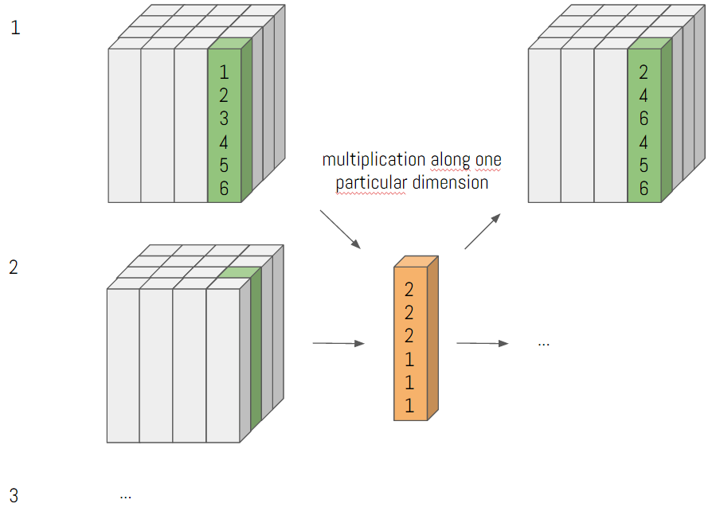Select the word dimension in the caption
(x=450, y=183)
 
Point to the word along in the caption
(x=450, y=160)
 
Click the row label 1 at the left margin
(x=15, y=29)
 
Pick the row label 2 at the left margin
(x=14, y=267)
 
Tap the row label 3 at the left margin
(x=14, y=496)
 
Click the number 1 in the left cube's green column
(x=224, y=72)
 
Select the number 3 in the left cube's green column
(x=224, y=119)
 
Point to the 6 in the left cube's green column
(x=224, y=189)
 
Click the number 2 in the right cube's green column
(x=644, y=72)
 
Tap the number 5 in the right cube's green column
(x=644, y=166)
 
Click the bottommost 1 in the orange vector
(x=409, y=406)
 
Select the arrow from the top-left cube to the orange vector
(x=340, y=228)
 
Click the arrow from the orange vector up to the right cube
(x=483, y=231)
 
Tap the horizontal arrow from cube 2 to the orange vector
(x=338, y=343)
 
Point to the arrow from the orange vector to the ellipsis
(x=482, y=343)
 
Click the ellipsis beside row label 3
(x=125, y=496)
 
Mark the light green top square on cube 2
(x=240, y=272)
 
